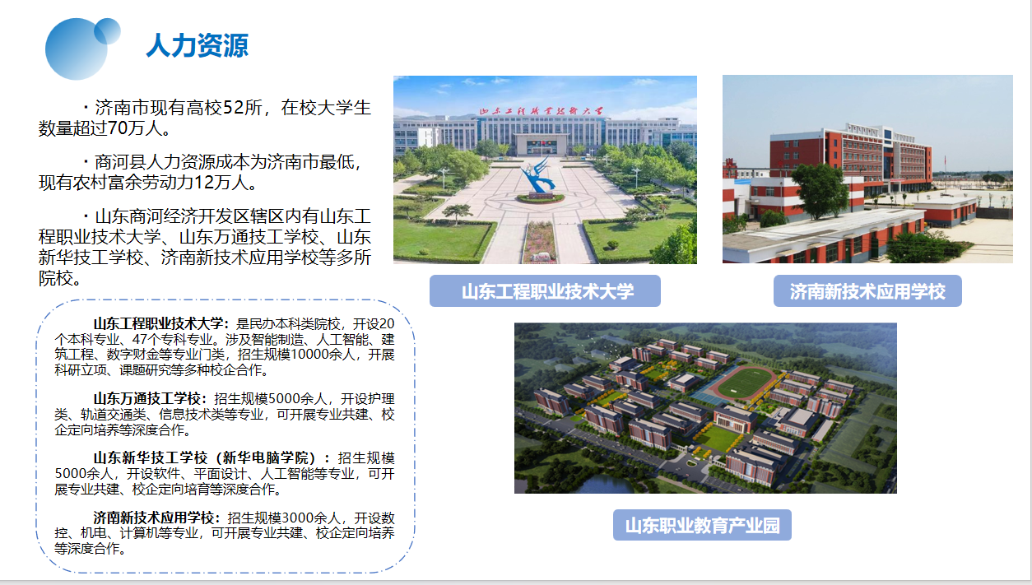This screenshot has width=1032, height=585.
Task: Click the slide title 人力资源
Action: coord(198,45)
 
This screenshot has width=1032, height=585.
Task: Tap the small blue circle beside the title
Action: coord(107,31)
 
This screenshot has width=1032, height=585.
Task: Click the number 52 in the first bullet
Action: coord(233,108)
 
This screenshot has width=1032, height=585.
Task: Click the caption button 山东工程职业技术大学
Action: coord(545,291)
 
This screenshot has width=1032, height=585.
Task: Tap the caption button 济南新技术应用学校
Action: coord(867,291)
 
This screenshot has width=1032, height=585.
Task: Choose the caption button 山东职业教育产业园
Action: coord(702,525)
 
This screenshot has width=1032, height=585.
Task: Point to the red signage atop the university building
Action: coord(541,111)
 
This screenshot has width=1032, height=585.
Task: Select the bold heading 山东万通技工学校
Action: coord(147,398)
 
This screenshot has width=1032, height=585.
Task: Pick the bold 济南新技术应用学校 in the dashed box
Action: coord(154,518)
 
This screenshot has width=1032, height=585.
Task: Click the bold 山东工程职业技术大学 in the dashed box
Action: coord(158,323)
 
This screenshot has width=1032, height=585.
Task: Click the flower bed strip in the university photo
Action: coord(540,241)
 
